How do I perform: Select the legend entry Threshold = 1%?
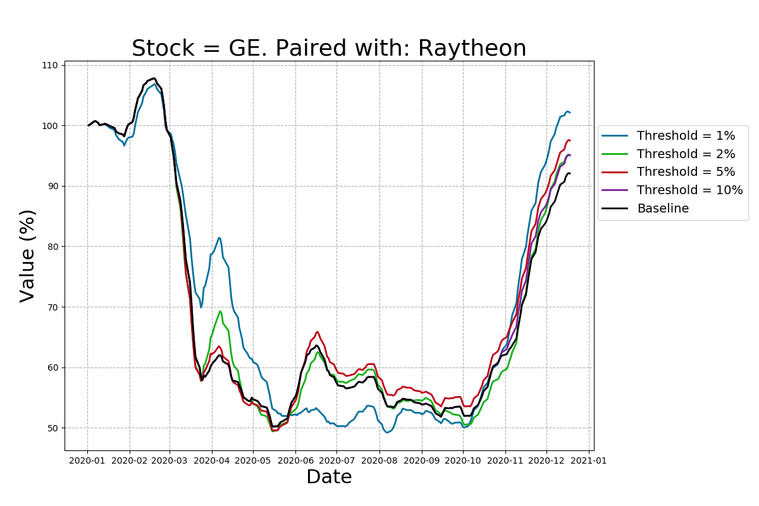(686, 136)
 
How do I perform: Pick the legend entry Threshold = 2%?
(686, 154)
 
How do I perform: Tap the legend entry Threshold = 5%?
(686, 172)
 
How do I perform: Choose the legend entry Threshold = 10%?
(689, 190)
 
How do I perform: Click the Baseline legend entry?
(663, 209)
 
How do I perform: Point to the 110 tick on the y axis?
(50, 66)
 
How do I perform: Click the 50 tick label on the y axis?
(52, 428)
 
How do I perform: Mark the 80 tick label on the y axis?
(52, 247)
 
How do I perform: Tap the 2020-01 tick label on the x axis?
(87, 460)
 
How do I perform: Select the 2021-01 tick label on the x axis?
(589, 460)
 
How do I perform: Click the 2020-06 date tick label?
(295, 460)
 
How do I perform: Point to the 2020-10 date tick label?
(463, 460)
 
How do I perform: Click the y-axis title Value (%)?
(28, 256)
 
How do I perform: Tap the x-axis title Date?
(329, 477)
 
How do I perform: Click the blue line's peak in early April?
(219, 238)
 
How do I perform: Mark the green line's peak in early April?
(220, 311)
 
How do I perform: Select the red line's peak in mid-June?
(318, 331)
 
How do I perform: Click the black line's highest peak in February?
(154, 78)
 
